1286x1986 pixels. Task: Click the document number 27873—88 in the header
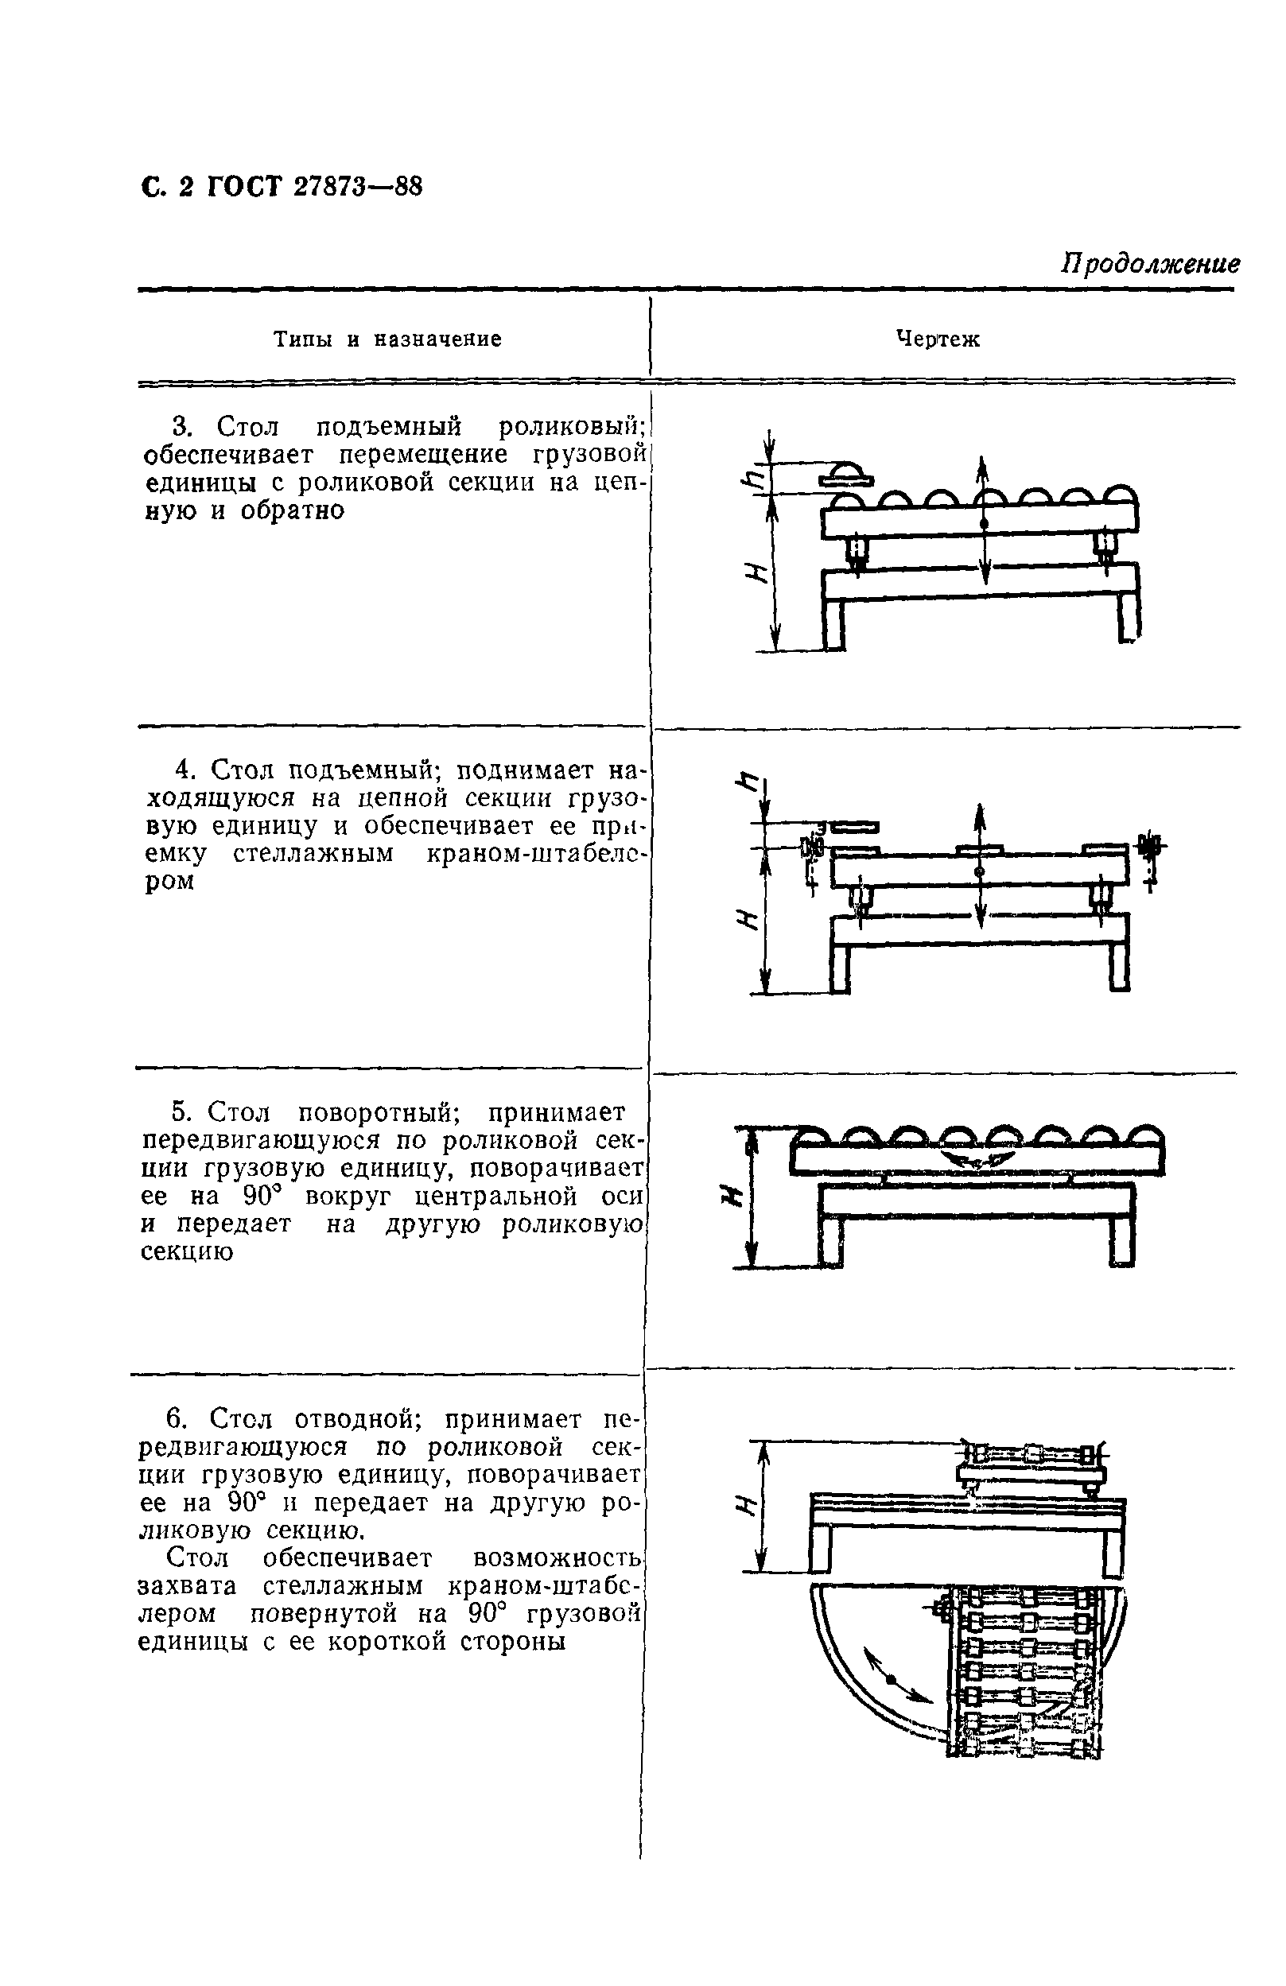point(357,187)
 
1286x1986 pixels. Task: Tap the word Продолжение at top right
point(1149,265)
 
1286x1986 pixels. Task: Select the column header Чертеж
point(937,339)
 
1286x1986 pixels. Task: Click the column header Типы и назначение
point(388,339)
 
